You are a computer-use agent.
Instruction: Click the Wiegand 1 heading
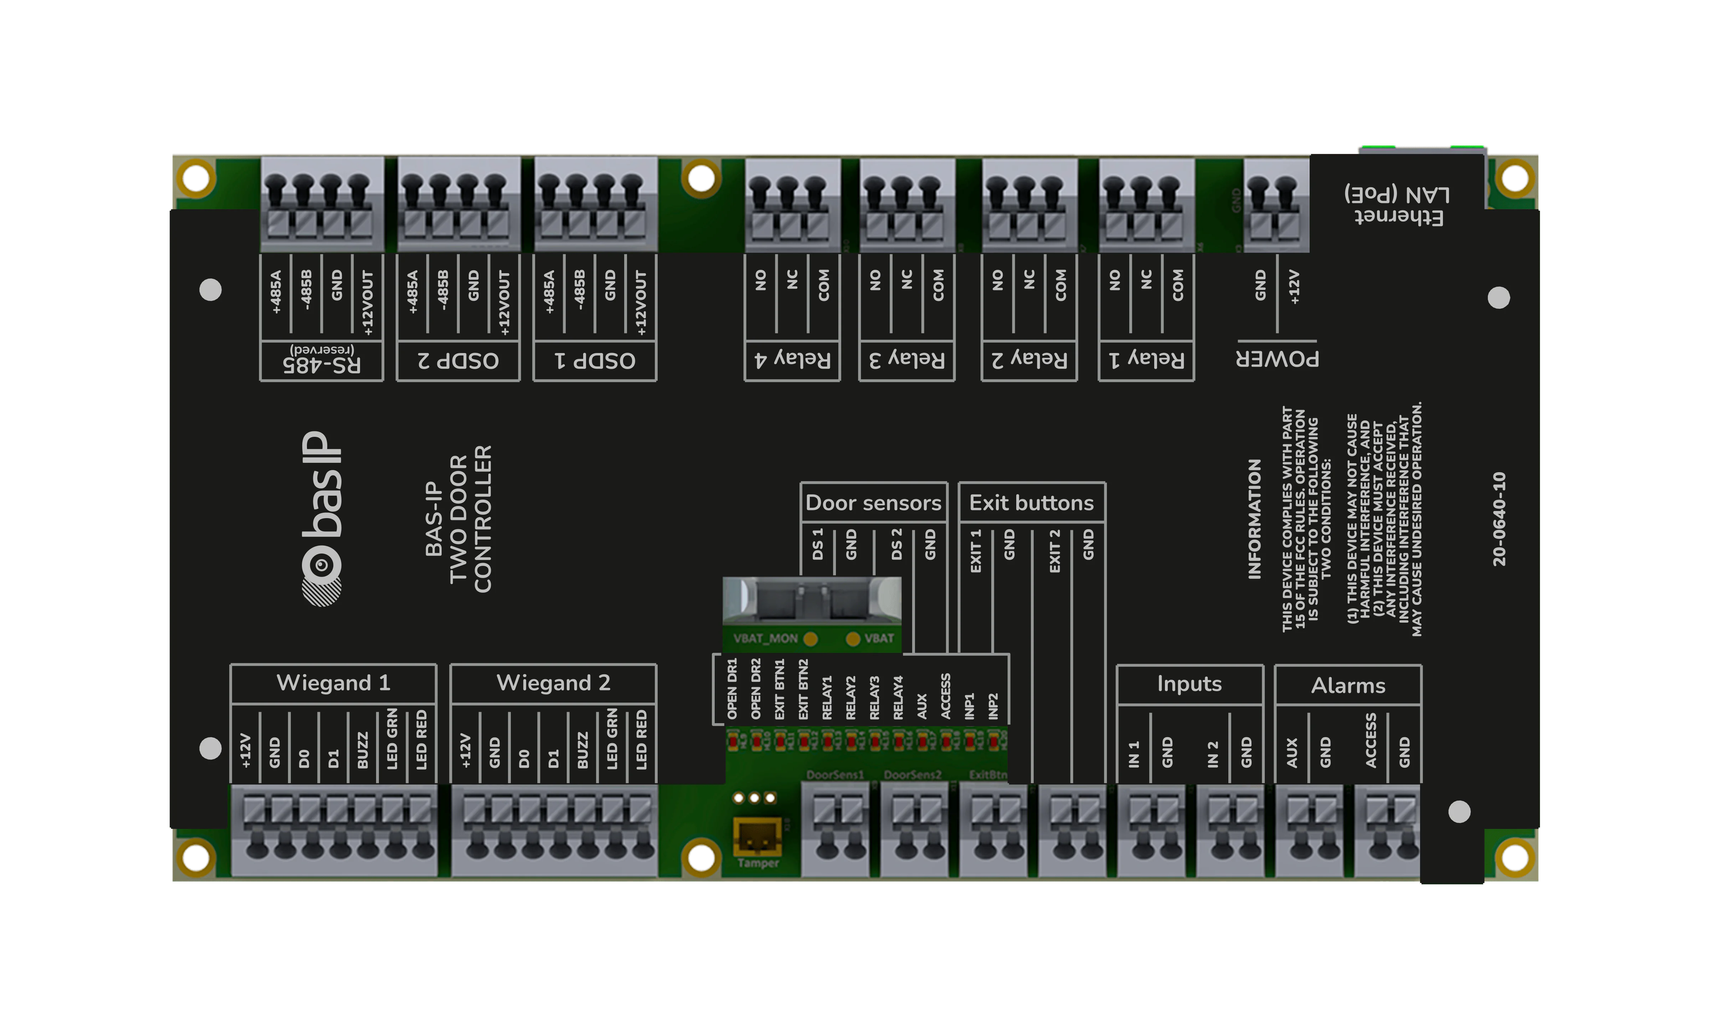333,683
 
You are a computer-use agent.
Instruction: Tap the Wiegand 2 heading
553,683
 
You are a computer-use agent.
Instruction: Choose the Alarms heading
1348,686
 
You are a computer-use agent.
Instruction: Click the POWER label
1278,359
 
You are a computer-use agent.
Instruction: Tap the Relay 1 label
1147,359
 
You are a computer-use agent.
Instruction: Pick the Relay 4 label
792,359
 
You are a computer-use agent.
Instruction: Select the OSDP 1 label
595,361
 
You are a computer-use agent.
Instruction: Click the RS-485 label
322,363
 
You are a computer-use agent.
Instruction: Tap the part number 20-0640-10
1499,519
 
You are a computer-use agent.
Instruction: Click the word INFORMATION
1254,519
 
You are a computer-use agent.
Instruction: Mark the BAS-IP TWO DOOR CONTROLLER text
459,519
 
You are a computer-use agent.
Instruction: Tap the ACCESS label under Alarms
1371,741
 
